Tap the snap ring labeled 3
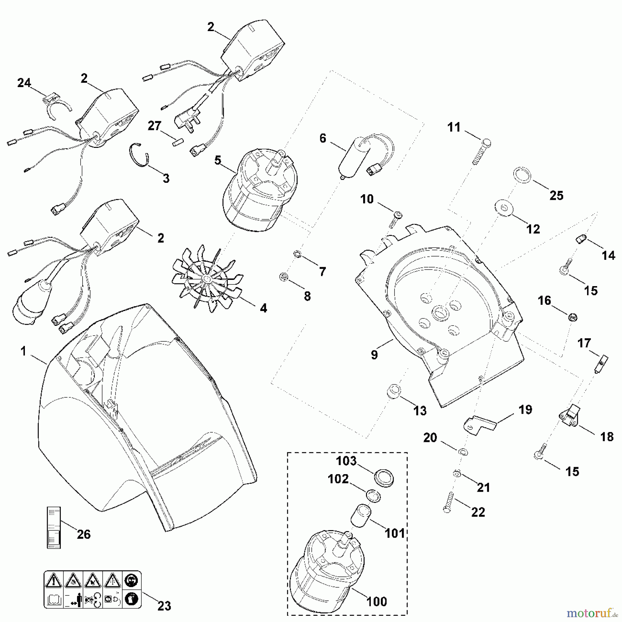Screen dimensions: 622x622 (x=141, y=155)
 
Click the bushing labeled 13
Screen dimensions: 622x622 (x=394, y=391)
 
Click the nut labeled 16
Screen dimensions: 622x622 (x=572, y=317)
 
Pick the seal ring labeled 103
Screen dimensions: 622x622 (x=384, y=480)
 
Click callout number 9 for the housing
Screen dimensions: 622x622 (x=375, y=355)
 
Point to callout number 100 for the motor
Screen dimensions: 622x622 (x=377, y=601)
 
